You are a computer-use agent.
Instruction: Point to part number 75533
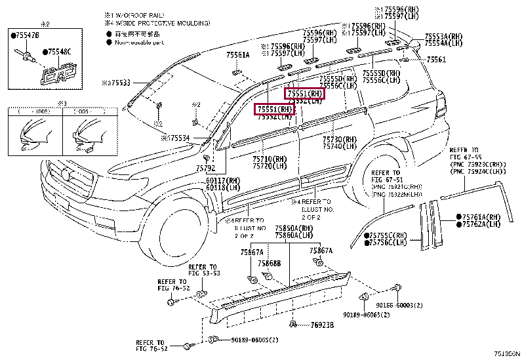click(x=118, y=83)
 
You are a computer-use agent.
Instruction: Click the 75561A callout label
click(x=238, y=55)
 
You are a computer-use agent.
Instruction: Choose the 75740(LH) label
click(x=340, y=147)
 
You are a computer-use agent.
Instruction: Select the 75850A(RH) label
click(x=294, y=228)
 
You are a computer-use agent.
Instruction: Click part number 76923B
click(x=322, y=325)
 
